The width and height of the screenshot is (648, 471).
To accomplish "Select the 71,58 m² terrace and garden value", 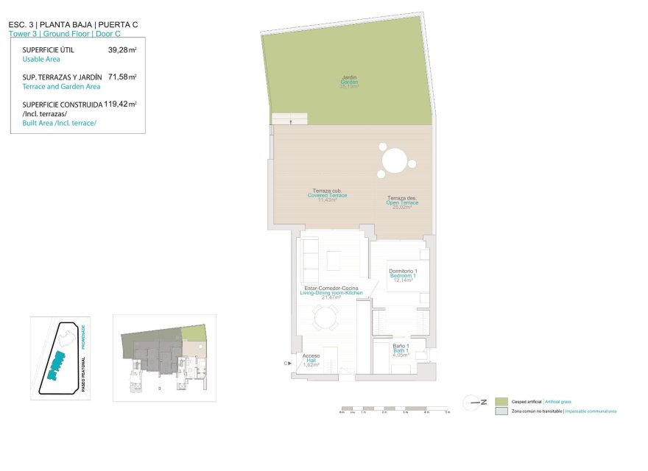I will click(122, 77).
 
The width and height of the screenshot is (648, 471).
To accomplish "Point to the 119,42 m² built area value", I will click(121, 105).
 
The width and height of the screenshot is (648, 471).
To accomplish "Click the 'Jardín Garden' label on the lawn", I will click(349, 82).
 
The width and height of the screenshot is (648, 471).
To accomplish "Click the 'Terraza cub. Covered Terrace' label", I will click(327, 195).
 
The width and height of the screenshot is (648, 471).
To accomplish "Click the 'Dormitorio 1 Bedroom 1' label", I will click(403, 275).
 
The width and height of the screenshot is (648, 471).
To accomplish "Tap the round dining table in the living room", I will click(324, 319).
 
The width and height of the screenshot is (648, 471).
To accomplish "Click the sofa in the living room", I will click(309, 254).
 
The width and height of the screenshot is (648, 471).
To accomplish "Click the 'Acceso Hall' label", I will click(311, 360).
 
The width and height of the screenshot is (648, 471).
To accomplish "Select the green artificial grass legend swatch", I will click(501, 401).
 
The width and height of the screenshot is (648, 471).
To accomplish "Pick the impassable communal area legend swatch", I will click(501, 411).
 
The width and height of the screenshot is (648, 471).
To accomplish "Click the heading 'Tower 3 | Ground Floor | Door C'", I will click(73, 34).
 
